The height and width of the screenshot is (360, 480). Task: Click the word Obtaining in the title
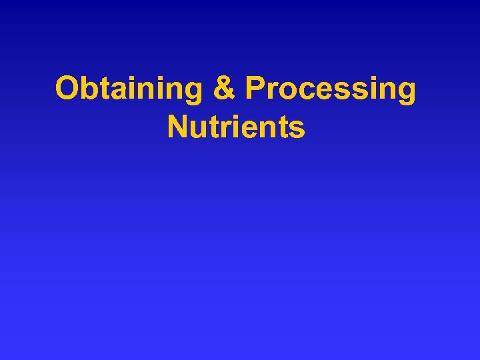click(x=129, y=89)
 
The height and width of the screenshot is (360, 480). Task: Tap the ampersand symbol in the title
click(x=223, y=89)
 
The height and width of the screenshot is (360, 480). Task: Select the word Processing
click(x=331, y=89)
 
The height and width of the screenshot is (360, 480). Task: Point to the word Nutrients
click(x=237, y=126)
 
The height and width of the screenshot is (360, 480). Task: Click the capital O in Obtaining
click(x=67, y=89)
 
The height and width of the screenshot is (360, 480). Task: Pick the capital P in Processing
click(x=254, y=89)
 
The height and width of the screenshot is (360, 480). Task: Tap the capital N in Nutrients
click(x=177, y=126)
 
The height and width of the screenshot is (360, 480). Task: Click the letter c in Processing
click(x=303, y=91)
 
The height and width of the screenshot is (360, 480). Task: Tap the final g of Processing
click(x=405, y=93)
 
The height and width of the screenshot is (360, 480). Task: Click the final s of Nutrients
click(x=297, y=129)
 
